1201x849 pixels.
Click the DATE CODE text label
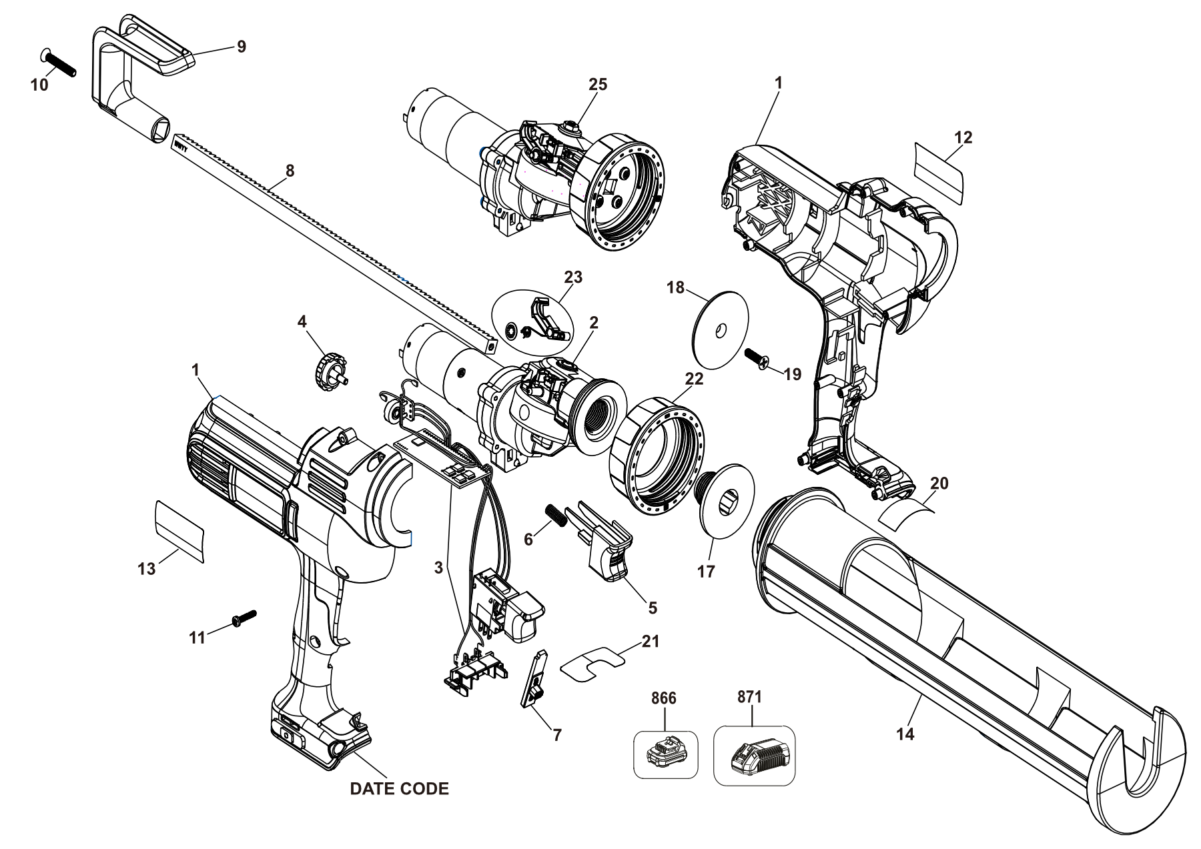399,789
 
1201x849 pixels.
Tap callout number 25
598,84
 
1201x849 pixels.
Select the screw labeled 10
59,63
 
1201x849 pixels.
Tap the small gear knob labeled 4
332,367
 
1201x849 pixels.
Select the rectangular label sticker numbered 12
940,173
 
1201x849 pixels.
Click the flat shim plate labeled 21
592,663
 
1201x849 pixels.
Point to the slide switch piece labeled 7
533,679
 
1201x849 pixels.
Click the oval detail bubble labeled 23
532,321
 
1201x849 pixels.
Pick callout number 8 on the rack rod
290,171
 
